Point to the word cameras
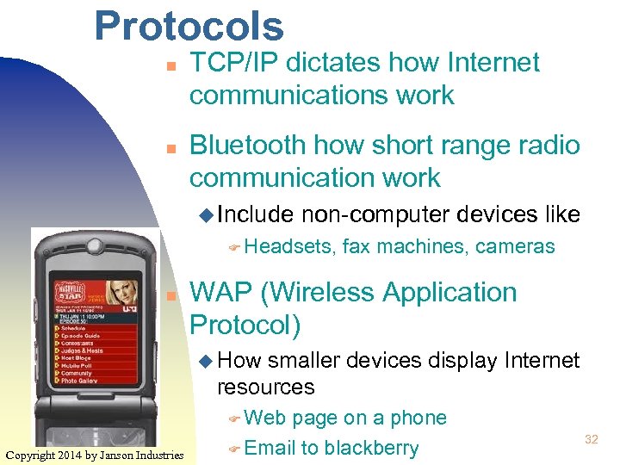click(515, 247)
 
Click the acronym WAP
click(221, 293)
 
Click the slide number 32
click(592, 440)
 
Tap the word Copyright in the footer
click(34, 455)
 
